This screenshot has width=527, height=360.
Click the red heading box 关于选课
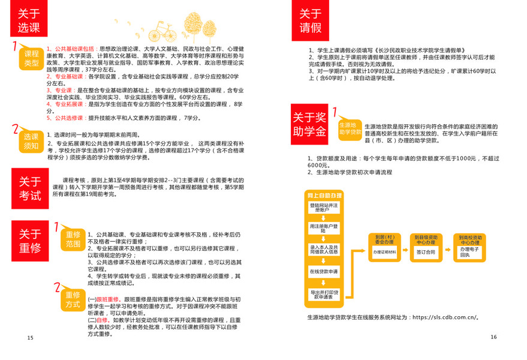pyautogui.click(x=28, y=22)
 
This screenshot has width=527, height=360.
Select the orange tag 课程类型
pyautogui.click(x=31, y=59)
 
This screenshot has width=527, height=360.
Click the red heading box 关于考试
pyautogui.click(x=30, y=188)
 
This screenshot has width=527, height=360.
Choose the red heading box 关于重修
pyautogui.click(x=30, y=241)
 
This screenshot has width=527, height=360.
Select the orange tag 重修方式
pyautogui.click(x=73, y=299)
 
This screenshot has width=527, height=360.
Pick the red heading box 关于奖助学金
pyautogui.click(x=310, y=122)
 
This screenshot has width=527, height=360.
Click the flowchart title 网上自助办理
pyautogui.click(x=324, y=196)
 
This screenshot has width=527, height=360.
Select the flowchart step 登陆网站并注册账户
pyautogui.click(x=324, y=208)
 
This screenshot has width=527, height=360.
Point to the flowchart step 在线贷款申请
pyautogui.click(x=324, y=272)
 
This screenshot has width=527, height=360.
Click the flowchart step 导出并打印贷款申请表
pyautogui.click(x=324, y=294)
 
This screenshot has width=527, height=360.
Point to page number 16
pyautogui.click(x=493, y=337)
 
